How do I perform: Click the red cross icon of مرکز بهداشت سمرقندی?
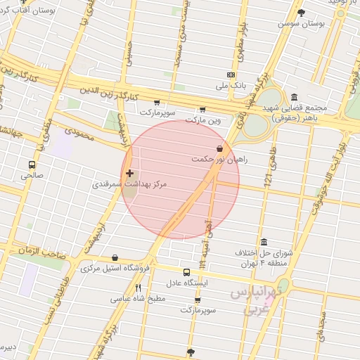(x=129, y=173)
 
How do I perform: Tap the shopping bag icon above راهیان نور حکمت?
(x=220, y=148)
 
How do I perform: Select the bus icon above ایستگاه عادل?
(x=186, y=272)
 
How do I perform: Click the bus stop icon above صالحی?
(x=32, y=165)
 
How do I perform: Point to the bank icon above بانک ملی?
(x=231, y=75)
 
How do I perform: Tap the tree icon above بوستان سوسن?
(x=302, y=13)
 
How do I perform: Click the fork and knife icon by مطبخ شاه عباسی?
(x=139, y=288)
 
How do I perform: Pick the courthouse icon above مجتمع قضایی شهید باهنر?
(x=293, y=98)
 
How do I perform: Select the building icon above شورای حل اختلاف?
(x=264, y=242)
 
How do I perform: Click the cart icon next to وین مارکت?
(x=202, y=109)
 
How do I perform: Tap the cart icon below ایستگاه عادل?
(x=198, y=300)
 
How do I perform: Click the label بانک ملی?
(x=232, y=85)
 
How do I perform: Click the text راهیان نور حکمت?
(x=220, y=160)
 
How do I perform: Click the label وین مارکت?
(x=203, y=120)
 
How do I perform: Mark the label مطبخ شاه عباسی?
(x=138, y=298)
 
